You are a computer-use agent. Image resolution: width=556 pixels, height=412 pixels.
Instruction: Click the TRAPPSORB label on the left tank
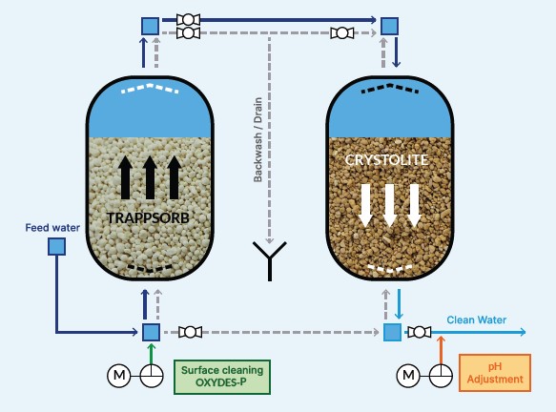(148, 218)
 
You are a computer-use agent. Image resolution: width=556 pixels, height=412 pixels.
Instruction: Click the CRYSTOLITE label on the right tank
(386, 160)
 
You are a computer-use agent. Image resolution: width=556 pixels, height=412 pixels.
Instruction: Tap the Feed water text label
(52, 228)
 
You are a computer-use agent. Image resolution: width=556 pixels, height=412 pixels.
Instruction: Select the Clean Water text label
(476, 319)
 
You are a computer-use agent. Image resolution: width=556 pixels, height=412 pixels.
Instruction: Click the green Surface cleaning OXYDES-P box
(222, 377)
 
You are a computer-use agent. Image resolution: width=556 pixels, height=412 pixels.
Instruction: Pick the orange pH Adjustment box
(495, 373)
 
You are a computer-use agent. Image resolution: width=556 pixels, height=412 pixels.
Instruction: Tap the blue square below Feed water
(56, 246)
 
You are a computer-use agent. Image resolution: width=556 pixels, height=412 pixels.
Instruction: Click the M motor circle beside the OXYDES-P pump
(119, 375)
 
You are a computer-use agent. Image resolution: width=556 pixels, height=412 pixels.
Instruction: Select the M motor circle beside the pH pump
(408, 375)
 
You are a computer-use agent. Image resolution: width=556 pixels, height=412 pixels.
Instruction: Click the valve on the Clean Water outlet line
(420, 332)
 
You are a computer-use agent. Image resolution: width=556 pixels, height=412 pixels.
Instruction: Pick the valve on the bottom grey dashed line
(191, 332)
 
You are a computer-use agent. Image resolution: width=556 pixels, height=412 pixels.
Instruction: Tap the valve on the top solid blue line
(188, 19)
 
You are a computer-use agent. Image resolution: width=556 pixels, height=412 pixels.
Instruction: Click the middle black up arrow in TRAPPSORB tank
(150, 177)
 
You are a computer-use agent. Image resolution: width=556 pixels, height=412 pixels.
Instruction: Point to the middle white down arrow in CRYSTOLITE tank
(389, 206)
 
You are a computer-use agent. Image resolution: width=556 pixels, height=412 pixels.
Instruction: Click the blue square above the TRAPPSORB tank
(151, 26)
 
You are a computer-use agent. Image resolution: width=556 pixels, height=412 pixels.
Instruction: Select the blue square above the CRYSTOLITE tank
(390, 26)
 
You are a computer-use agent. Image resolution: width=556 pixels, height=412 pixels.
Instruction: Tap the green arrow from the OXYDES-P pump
(152, 354)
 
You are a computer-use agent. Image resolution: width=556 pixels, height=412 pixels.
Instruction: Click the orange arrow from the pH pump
(441, 350)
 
